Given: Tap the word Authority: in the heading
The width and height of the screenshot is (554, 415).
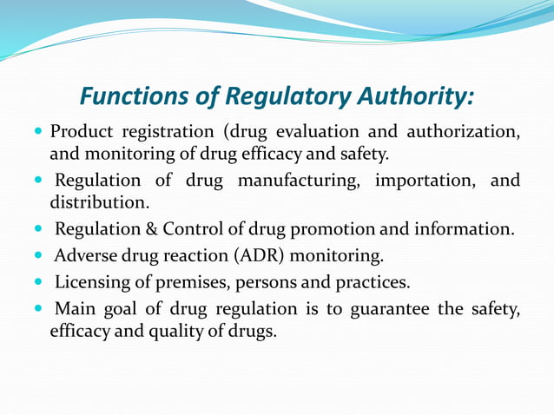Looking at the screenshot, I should tap(414, 96).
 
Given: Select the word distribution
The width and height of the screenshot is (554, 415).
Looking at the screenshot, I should tap(99, 203).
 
